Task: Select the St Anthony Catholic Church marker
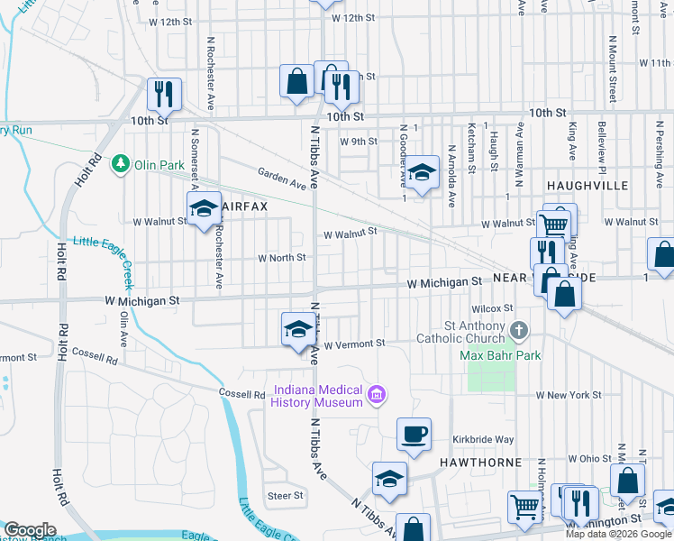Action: [x=518, y=331]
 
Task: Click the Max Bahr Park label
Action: [x=500, y=355]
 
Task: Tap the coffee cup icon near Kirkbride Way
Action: [x=414, y=435]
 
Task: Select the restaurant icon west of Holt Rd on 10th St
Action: [x=165, y=93]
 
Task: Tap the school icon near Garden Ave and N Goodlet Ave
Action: [x=421, y=171]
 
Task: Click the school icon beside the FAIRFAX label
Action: [x=204, y=209]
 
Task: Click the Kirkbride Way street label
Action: [x=483, y=439]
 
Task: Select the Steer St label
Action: [x=286, y=495]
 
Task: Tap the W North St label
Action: [x=282, y=257]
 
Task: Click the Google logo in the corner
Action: [x=30, y=530]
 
